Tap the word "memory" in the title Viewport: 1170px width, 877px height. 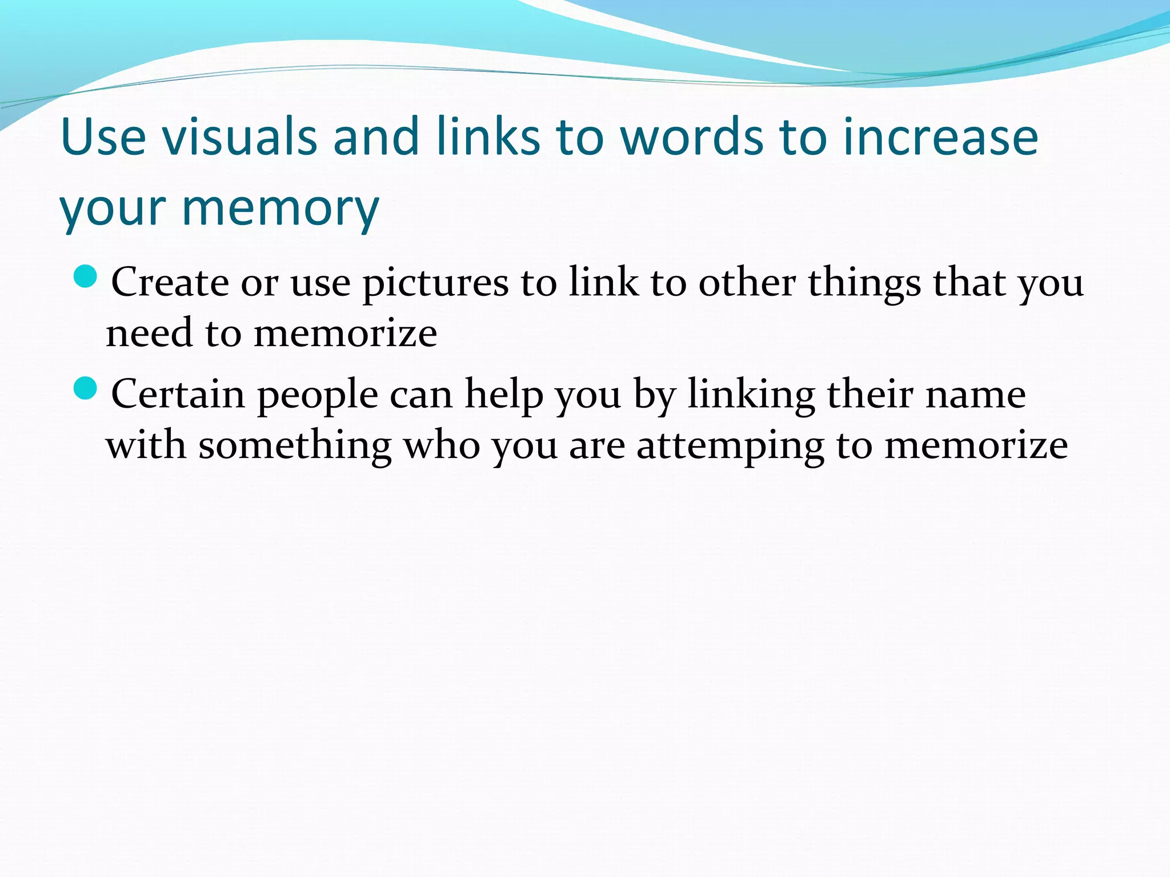280,208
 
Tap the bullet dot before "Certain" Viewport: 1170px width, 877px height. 86,389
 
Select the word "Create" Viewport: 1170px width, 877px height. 170,282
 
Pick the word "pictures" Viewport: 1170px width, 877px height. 435,283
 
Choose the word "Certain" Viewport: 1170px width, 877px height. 178,394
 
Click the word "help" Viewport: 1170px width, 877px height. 504,394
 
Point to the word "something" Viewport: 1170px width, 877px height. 295,446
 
